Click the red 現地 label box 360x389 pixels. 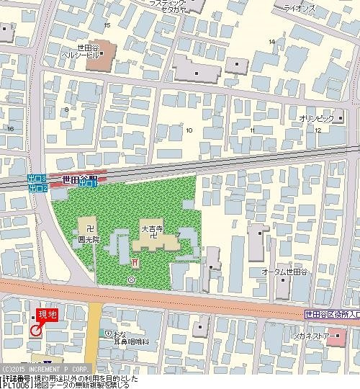tap(46, 314)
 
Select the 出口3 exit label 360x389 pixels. tap(37, 178)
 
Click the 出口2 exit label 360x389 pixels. tap(37, 188)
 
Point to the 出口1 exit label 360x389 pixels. tap(88, 184)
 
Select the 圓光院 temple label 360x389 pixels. tap(89, 237)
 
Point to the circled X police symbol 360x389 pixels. tap(130, 279)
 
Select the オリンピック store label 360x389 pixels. tap(316, 117)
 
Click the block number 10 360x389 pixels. tap(189, 130)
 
